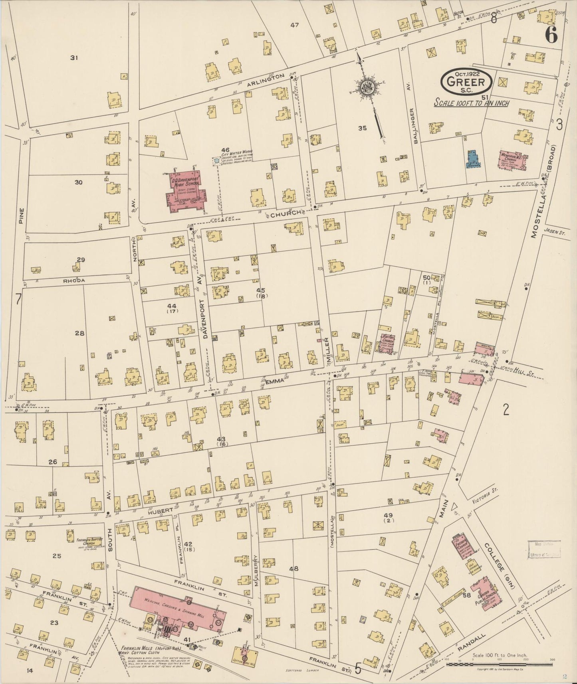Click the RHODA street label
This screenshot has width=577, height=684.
coord(74,281)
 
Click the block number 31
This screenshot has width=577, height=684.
coord(74,58)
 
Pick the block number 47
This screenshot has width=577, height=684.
coord(295,25)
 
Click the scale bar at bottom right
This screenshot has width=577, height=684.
coord(499,664)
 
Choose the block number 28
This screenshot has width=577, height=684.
coord(80,333)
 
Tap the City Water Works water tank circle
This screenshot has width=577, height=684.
coord(216,161)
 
